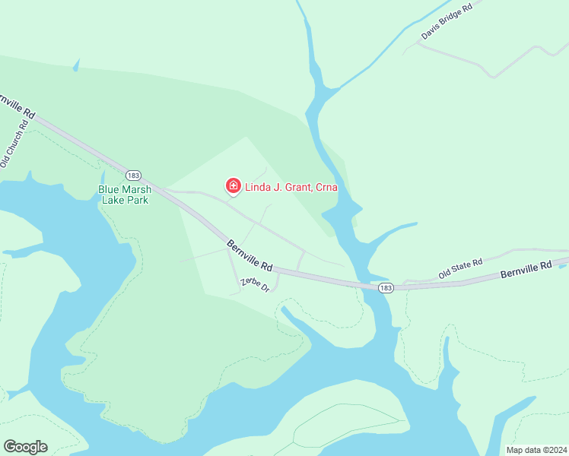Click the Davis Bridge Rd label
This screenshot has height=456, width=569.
click(447, 21)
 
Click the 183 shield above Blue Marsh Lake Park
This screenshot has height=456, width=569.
click(134, 174)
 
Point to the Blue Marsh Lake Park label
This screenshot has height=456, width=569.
click(123, 195)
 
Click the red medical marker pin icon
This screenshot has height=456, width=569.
click(234, 185)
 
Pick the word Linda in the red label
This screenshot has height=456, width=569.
click(258, 186)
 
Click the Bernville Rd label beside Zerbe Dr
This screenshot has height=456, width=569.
click(250, 256)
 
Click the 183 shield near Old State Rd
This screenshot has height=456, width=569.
click(386, 288)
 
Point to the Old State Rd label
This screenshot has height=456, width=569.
click(461, 268)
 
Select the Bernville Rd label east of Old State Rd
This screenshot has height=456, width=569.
click(526, 270)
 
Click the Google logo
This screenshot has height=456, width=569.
click(25, 447)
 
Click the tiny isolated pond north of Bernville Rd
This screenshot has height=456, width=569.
click(75, 66)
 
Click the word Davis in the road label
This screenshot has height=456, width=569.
click(431, 31)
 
